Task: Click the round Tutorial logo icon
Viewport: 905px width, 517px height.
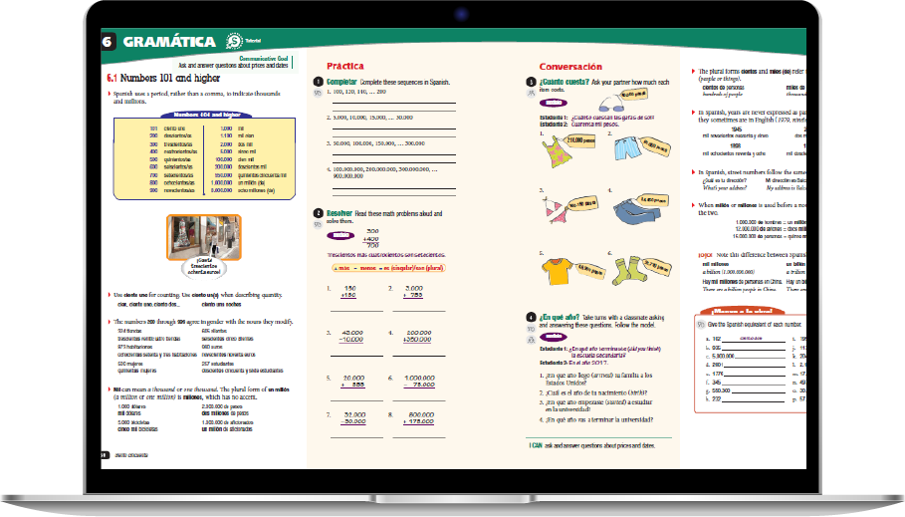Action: point(232,42)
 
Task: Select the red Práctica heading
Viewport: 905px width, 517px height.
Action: point(332,66)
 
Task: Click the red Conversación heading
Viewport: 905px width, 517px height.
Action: point(568,66)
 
